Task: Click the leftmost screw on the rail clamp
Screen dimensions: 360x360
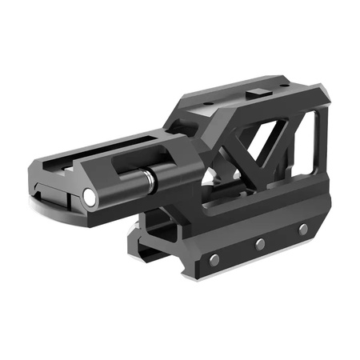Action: click(x=214, y=258)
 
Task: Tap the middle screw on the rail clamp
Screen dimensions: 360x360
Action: click(x=260, y=243)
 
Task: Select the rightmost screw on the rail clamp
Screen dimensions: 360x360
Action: click(x=303, y=230)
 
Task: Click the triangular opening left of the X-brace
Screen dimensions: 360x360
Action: click(x=232, y=144)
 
